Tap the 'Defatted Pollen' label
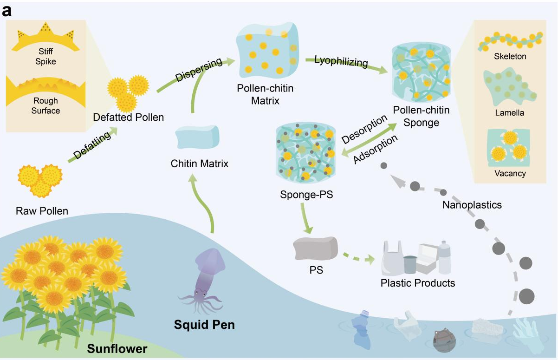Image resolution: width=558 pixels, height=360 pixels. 129,117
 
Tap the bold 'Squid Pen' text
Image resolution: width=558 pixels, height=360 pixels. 204,325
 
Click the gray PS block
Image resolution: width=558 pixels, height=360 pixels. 316,248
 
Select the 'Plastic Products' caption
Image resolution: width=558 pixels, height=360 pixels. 417,282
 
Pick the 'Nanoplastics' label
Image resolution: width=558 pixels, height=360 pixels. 472,204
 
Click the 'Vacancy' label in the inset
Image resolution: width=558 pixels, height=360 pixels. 510,174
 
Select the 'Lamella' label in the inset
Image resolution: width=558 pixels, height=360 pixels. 510,112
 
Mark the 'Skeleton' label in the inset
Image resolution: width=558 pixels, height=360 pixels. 510,57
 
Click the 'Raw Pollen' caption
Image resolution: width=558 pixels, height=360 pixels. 42,211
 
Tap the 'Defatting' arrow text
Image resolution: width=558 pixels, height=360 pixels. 92,145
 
